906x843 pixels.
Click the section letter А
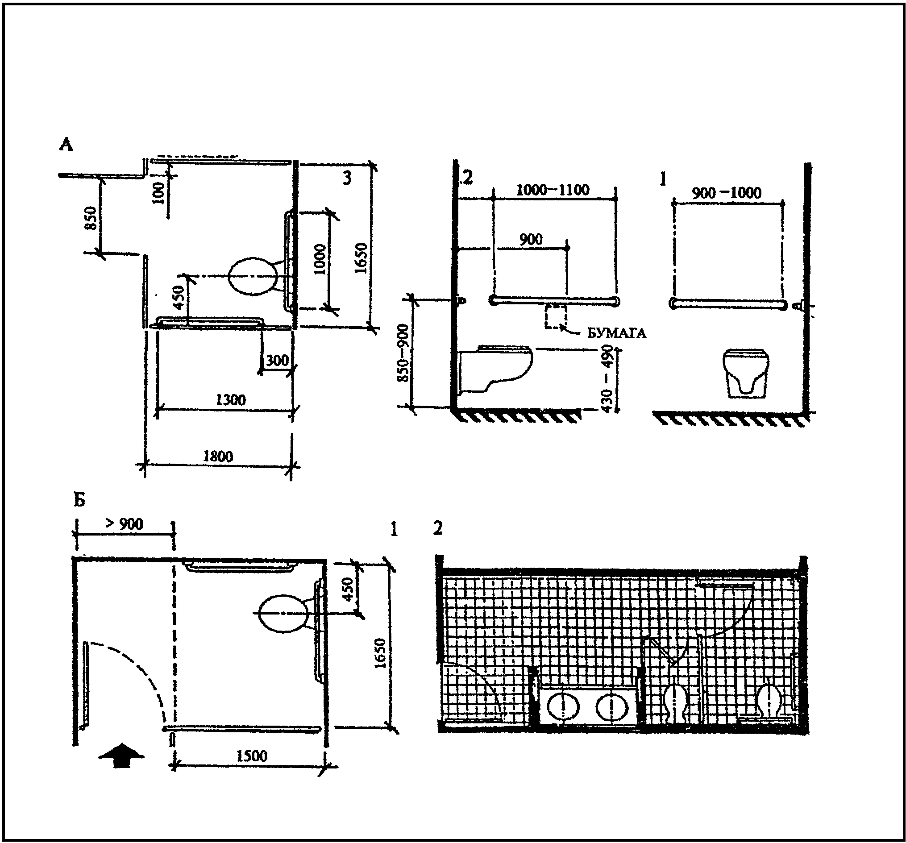click(x=66, y=145)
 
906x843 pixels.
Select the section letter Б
click(x=79, y=500)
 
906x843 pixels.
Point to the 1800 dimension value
click(x=218, y=456)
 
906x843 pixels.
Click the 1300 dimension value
click(x=231, y=400)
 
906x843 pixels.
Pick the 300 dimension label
click(x=277, y=361)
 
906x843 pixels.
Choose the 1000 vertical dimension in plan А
click(x=320, y=259)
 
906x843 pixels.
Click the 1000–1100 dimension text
click(x=553, y=190)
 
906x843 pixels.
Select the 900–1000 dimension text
click(x=727, y=193)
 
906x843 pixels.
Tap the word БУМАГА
click(x=616, y=333)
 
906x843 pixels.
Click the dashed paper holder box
click(x=556, y=316)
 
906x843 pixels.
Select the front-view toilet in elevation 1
click(x=746, y=374)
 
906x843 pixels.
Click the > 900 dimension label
click(x=125, y=524)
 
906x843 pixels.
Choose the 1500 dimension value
click(x=252, y=756)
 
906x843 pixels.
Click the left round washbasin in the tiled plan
click(x=563, y=707)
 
